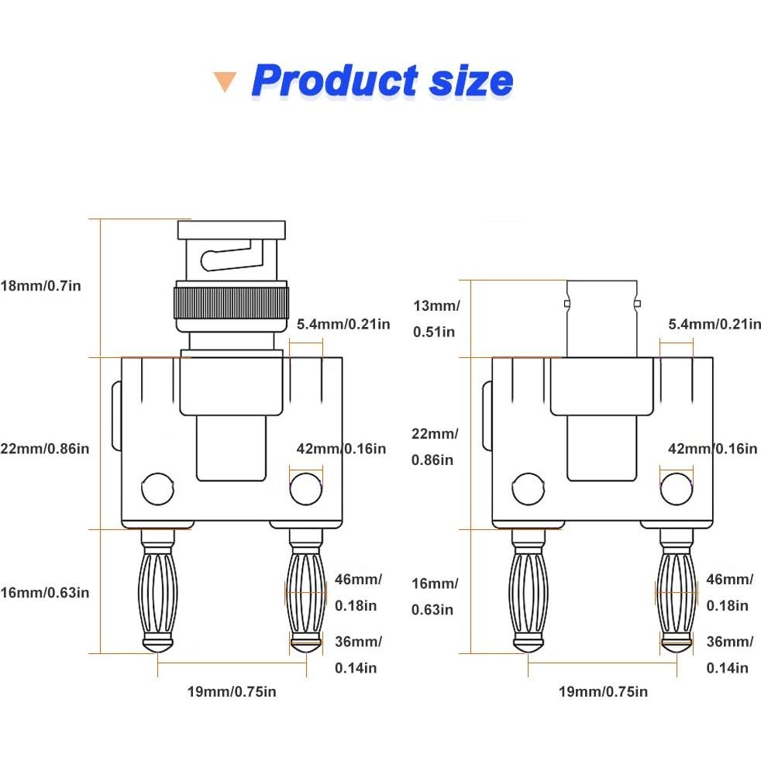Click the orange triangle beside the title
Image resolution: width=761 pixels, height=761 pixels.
pos(225,81)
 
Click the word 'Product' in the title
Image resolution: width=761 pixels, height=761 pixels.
pos(335,80)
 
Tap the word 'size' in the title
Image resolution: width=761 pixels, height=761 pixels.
pos(471,80)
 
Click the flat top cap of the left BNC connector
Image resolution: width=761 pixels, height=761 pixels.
pos(231,229)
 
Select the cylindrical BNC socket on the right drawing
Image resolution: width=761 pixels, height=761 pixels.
pos(603,318)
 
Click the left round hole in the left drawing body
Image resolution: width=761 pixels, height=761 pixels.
pos(156,489)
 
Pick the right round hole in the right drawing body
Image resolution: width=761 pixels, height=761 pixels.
pos(676,489)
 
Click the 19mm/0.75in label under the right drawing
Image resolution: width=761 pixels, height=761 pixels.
pos(603,691)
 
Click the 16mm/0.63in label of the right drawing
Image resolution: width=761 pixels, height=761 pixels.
pos(434,596)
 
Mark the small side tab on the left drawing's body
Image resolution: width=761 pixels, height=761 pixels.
pos(116,415)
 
